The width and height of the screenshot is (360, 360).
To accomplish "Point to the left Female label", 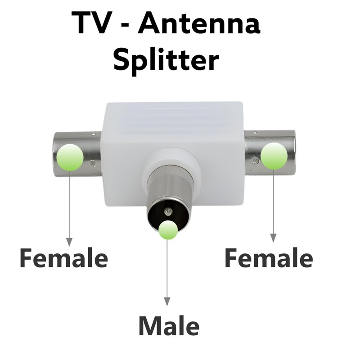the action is click(63, 259).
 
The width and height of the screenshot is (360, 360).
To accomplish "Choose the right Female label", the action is click(268, 259).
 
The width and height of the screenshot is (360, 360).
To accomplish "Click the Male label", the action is click(168, 326).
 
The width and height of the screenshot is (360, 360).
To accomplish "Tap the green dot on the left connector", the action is click(70, 157).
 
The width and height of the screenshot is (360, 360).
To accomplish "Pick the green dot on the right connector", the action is click(274, 156).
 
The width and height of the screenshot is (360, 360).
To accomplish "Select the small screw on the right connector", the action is click(256, 161).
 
